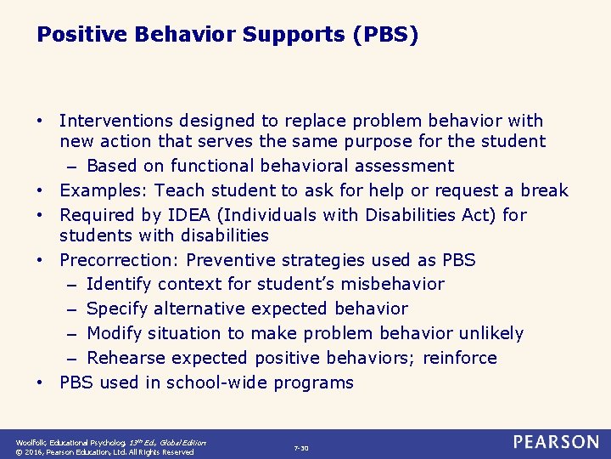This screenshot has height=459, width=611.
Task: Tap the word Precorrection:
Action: click(x=120, y=259)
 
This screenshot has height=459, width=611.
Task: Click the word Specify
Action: click(x=117, y=309)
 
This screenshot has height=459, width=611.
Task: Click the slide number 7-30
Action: click(x=301, y=448)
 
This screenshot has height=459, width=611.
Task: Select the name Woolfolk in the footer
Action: click(x=33, y=442)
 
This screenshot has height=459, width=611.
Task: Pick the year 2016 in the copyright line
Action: click(x=36, y=452)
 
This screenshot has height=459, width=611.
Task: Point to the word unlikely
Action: click(x=493, y=333)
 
